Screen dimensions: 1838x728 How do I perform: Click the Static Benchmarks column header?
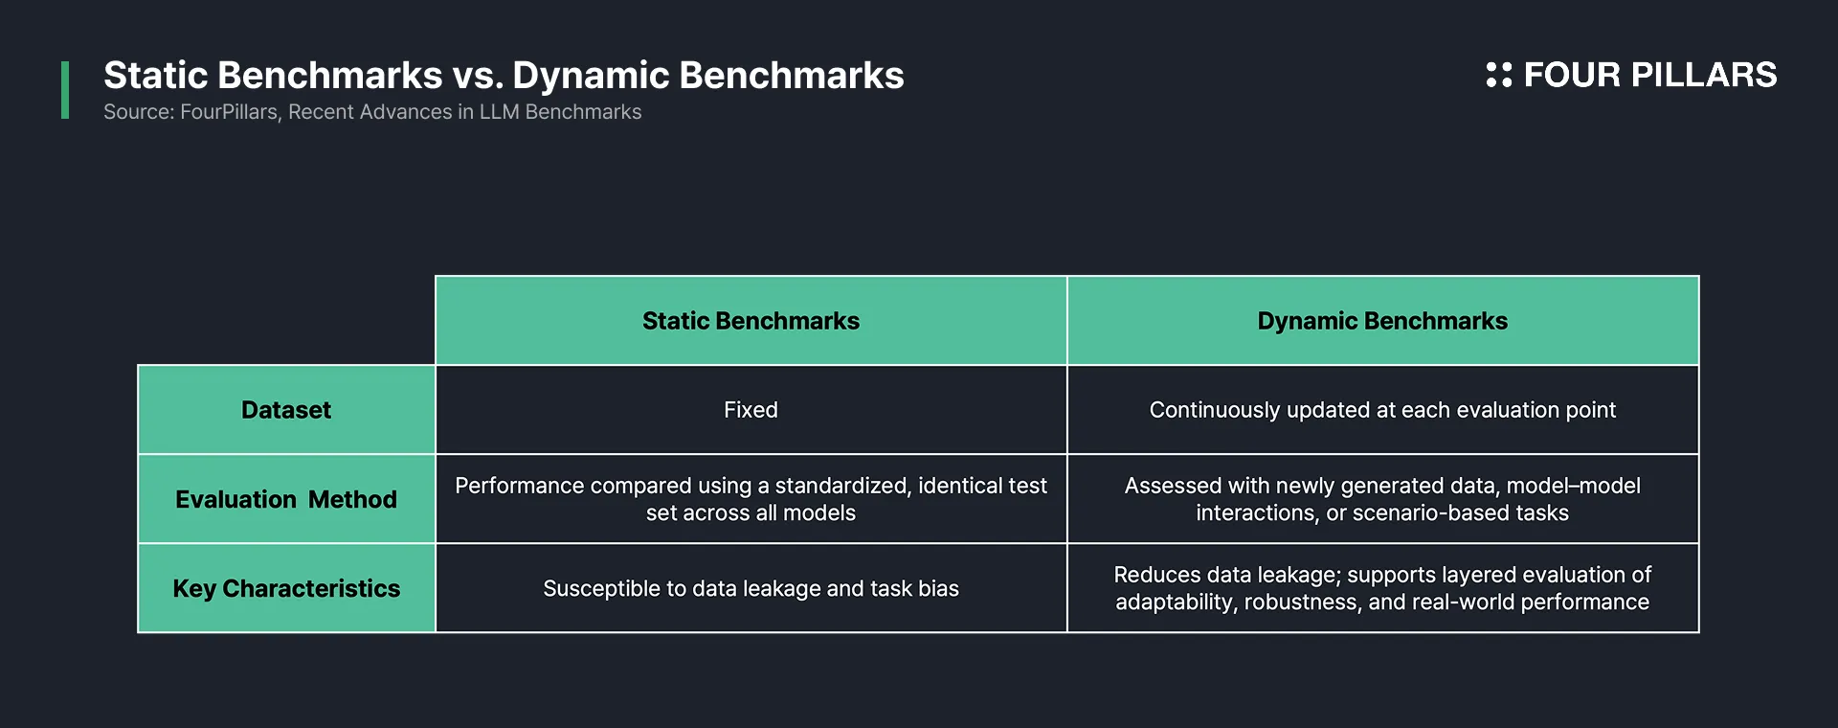pyautogui.click(x=751, y=321)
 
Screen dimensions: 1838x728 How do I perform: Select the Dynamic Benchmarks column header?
pyautogui.click(x=1382, y=321)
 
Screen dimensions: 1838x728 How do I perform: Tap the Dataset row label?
pyautogui.click(x=286, y=410)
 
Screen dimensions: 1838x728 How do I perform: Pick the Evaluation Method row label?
pyautogui.click(x=286, y=499)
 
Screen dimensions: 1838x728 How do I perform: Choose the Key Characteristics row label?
pyautogui.click(x=286, y=588)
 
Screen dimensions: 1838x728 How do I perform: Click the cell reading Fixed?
pyautogui.click(x=751, y=410)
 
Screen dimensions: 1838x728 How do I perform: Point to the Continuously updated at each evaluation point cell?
pyautogui.click(x=1382, y=410)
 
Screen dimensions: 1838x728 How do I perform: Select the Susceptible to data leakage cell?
pyautogui.click(x=751, y=588)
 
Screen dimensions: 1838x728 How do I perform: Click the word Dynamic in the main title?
pyautogui.click(x=591, y=77)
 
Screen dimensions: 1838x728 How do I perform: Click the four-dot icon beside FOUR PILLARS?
pyautogui.click(x=1499, y=75)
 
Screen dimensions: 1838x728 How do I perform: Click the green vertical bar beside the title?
pyautogui.click(x=65, y=90)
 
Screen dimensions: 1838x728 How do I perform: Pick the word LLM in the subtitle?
pyautogui.click(x=500, y=112)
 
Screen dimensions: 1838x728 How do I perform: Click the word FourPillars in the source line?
pyautogui.click(x=230, y=112)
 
